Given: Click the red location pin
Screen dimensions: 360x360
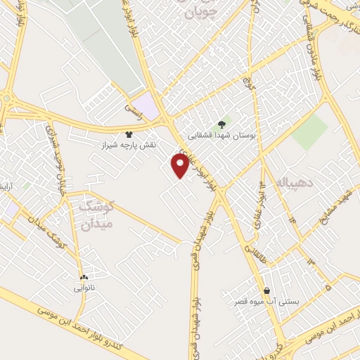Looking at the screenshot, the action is coord(180,165).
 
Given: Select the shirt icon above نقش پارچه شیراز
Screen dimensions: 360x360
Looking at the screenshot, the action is coord(128,134).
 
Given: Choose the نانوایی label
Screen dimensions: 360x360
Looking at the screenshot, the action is coord(83,288).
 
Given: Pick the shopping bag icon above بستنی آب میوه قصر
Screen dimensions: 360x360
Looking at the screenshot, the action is coord(267,291).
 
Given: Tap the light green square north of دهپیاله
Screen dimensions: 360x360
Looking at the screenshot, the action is coord(310,131).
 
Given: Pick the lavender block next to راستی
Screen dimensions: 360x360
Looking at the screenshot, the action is coord(148,106).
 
